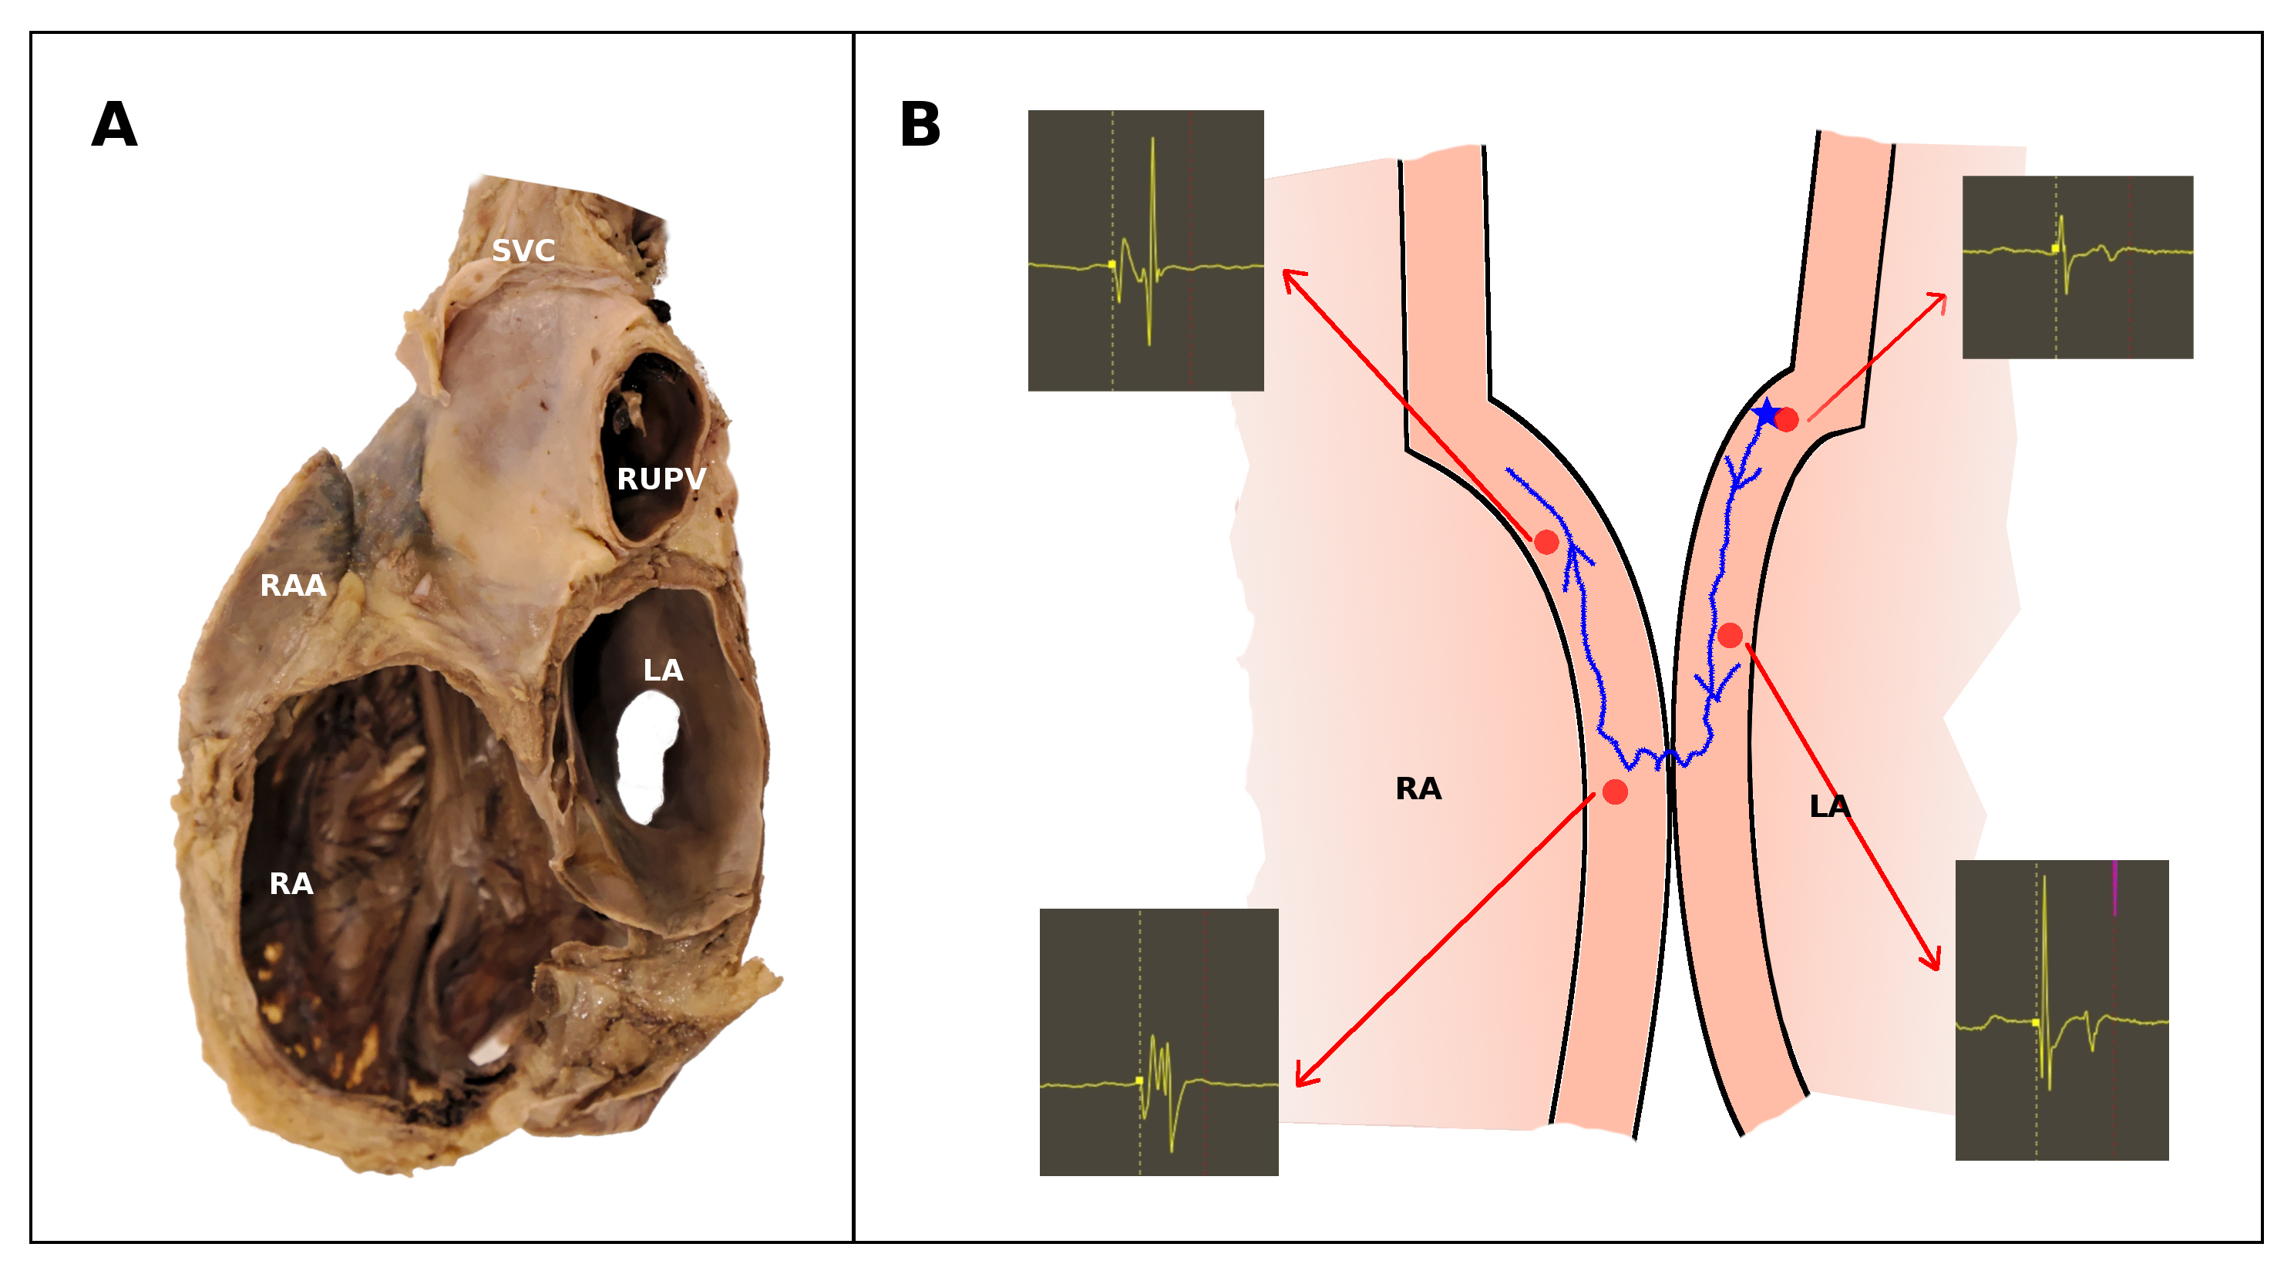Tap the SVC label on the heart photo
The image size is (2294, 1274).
tap(523, 251)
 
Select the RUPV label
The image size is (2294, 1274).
tap(661, 479)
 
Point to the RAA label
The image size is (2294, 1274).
tap(293, 586)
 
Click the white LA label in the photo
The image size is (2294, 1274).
tap(664, 671)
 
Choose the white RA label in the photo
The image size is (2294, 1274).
tap(291, 884)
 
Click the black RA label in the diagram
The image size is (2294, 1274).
tap(1418, 788)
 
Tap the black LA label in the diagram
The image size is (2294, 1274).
tap(1830, 807)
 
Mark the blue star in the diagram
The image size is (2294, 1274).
tap(1765, 413)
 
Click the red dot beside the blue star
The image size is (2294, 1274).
tap(1786, 419)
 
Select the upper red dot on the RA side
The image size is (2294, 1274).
tap(1547, 541)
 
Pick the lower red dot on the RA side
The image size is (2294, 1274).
tap(1615, 792)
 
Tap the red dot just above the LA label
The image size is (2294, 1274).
tap(1730, 635)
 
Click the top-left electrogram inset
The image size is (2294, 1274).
tap(1145, 250)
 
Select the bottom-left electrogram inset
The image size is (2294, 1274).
tap(1159, 1042)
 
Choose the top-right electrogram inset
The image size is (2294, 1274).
tap(2077, 267)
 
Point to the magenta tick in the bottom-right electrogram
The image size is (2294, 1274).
tap(2114, 888)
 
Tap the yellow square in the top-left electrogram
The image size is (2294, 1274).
tap(1112, 264)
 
